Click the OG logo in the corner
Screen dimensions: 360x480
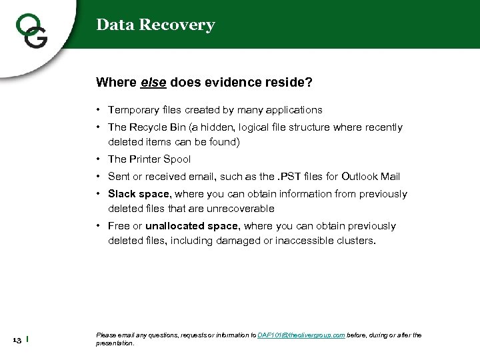tap(31, 29)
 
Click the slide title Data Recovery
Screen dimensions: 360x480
tap(155, 25)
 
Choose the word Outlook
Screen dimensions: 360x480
tap(360, 177)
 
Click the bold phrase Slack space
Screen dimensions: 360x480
tap(139, 194)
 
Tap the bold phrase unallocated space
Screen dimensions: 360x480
tap(191, 226)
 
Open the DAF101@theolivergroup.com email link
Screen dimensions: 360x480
tap(301, 335)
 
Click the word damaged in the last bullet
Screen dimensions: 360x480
tap(251, 241)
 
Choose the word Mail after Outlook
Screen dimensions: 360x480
tap(390, 177)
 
